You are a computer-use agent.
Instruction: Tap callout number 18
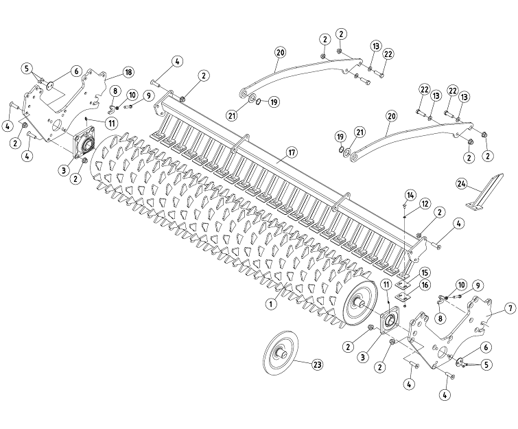click(x=128, y=72)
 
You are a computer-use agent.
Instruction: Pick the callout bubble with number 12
click(x=425, y=203)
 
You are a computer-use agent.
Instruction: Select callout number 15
click(x=425, y=273)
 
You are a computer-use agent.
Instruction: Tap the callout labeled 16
click(x=425, y=285)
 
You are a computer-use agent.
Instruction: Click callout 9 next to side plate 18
click(x=148, y=95)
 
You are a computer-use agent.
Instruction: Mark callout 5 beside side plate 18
click(x=27, y=69)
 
